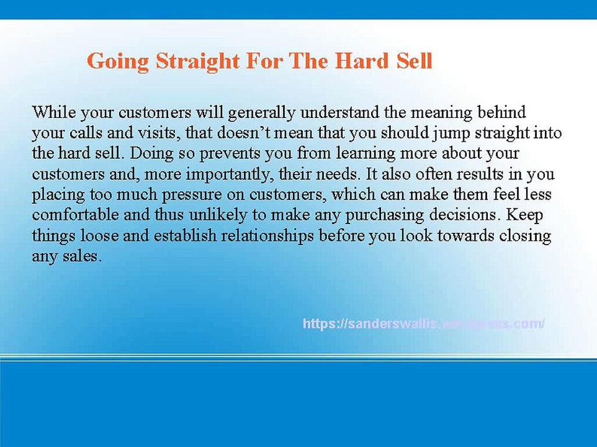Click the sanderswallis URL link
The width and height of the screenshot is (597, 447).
click(423, 323)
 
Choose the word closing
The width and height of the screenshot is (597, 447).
click(523, 235)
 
